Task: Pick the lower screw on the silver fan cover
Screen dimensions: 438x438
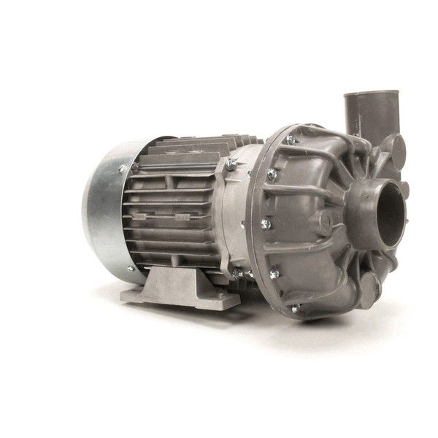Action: [x=131, y=269]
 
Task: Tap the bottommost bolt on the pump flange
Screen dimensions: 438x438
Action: [x=296, y=308]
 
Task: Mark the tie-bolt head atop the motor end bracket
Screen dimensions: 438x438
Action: [x=231, y=166]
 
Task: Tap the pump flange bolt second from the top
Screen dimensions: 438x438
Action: [x=272, y=174]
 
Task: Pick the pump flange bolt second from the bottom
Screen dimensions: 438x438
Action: [x=274, y=274]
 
